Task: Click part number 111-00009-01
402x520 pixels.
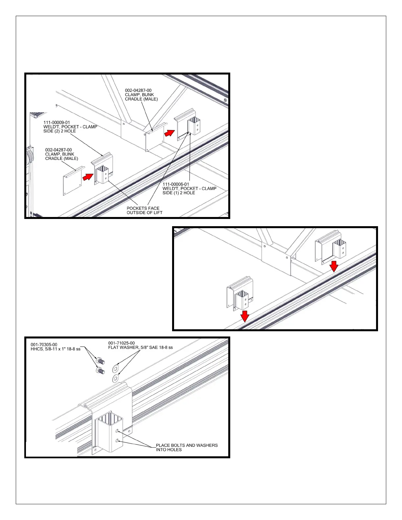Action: point(57,122)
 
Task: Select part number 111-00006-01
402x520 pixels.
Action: point(176,184)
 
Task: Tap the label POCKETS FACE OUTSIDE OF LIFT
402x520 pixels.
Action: point(144,210)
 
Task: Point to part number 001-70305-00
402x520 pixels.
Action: point(44,345)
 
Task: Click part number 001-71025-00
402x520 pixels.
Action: point(122,343)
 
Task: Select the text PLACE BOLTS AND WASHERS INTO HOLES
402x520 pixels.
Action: point(186,447)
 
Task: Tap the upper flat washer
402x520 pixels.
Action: point(116,368)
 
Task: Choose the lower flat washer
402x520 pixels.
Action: point(116,379)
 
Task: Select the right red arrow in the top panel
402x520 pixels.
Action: point(169,133)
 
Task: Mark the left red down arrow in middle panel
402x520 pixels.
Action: point(245,316)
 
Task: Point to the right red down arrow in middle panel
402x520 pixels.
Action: point(334,266)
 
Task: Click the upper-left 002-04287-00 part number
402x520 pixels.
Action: point(138,90)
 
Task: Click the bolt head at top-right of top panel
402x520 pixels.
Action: point(225,100)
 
